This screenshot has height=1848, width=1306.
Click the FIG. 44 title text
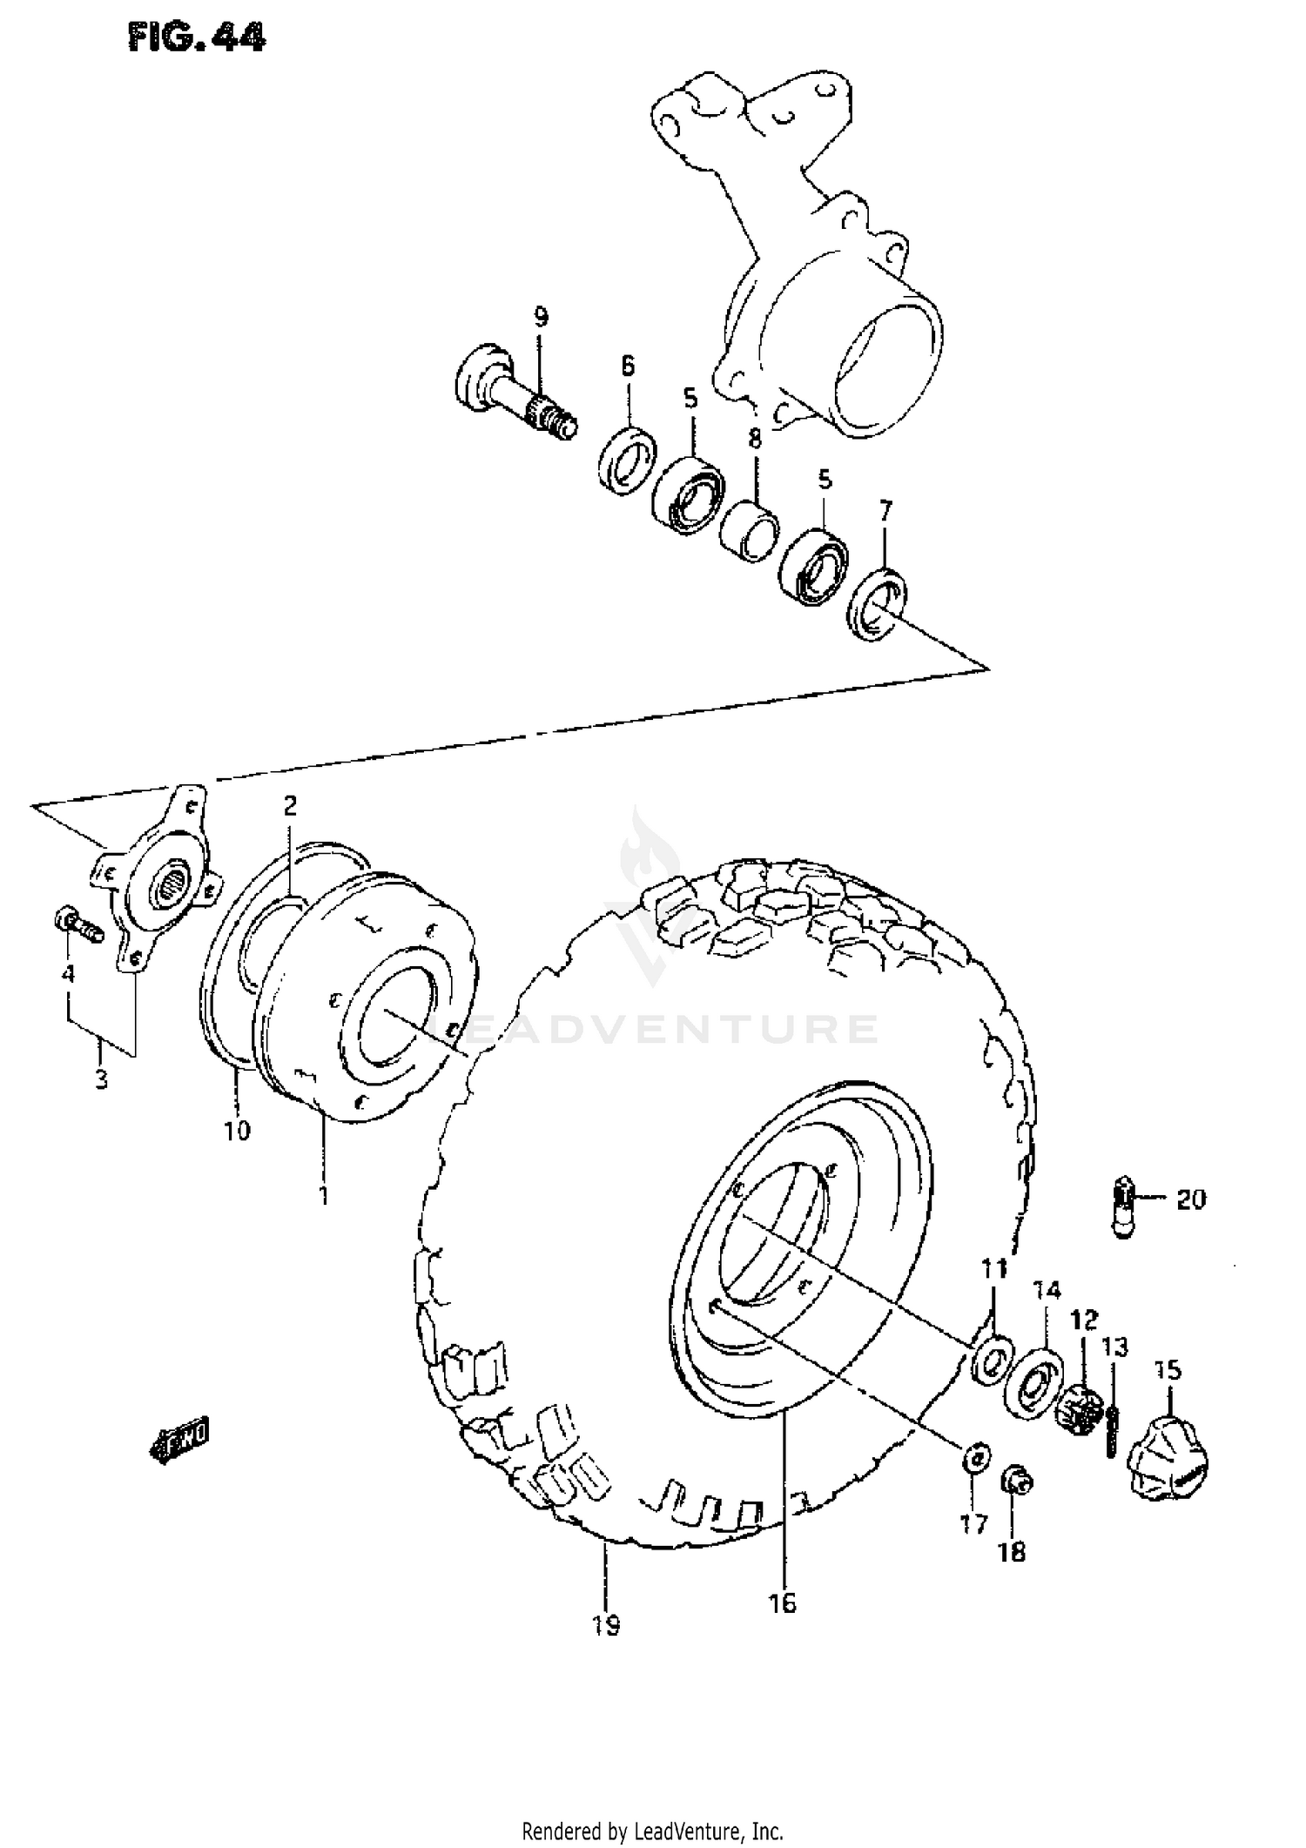196,37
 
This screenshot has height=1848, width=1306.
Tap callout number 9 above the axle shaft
541,316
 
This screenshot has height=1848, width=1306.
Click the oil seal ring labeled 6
627,461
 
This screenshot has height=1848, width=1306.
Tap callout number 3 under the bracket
102,1080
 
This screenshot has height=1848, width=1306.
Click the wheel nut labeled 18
1016,1479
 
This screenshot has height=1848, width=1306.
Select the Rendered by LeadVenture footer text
652,1831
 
